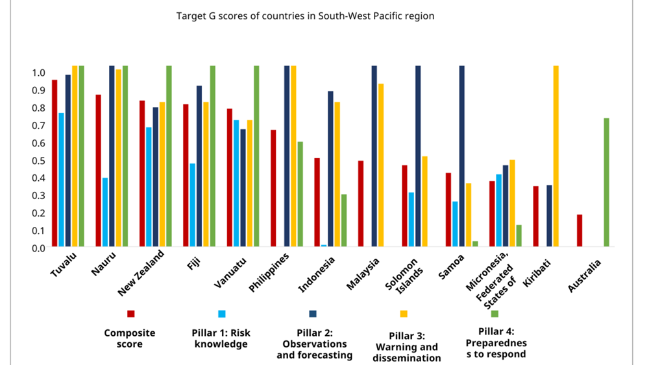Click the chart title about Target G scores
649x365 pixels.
[x=306, y=16]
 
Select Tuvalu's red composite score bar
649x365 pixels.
[x=55, y=163]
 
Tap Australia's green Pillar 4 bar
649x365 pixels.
[x=606, y=182]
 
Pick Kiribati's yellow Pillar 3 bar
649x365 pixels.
[x=556, y=156]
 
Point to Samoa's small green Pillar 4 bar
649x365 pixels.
[x=475, y=244]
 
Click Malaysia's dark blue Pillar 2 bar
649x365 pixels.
[x=374, y=156]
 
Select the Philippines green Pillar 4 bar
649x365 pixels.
[x=300, y=194]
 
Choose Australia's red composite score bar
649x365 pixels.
[x=580, y=230]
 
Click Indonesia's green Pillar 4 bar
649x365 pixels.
[x=344, y=220]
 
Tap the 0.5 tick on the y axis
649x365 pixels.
[x=38, y=160]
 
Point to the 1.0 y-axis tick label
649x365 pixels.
[x=38, y=73]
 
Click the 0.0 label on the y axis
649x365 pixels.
[x=38, y=248]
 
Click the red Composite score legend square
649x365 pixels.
[x=131, y=314]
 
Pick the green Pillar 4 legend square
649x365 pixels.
[x=495, y=314]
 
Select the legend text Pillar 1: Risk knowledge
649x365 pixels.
[x=222, y=338]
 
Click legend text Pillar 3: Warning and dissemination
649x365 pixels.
[x=407, y=347]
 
